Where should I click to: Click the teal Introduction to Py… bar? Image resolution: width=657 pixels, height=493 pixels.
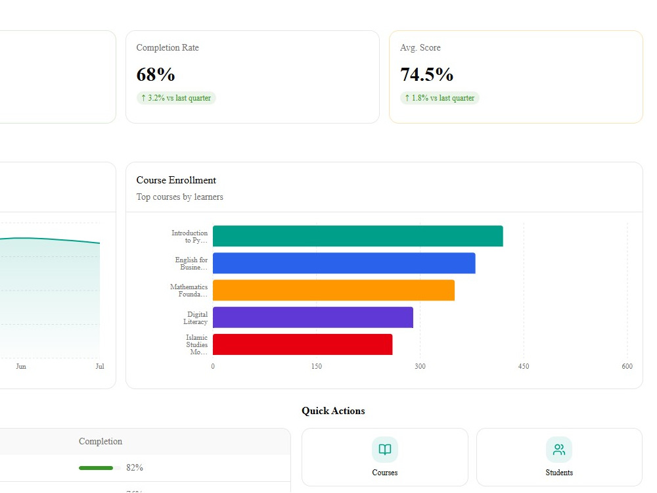click(x=358, y=236)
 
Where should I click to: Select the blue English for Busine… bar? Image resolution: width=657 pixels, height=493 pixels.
click(x=344, y=264)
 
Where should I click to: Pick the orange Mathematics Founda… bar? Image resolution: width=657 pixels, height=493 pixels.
click(x=334, y=290)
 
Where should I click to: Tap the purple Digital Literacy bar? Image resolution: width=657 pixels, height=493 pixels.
click(x=313, y=317)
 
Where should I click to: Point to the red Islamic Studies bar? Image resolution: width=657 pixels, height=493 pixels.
click(x=302, y=344)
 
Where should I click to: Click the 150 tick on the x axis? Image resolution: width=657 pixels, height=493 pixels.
click(x=317, y=366)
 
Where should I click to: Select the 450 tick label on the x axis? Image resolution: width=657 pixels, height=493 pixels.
click(x=524, y=366)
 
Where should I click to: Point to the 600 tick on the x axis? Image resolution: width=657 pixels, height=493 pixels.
click(x=627, y=366)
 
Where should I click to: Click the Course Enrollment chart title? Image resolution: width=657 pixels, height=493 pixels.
click(x=176, y=180)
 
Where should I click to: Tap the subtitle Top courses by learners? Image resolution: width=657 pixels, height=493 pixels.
click(x=180, y=197)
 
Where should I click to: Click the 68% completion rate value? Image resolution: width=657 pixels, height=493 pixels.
click(x=156, y=75)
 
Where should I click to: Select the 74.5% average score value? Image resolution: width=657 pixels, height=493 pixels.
click(x=426, y=75)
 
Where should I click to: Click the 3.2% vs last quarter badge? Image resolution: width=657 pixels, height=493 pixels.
click(x=176, y=98)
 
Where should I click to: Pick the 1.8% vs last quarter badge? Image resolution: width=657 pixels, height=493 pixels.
click(x=440, y=98)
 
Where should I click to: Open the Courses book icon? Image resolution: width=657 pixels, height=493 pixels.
click(x=384, y=450)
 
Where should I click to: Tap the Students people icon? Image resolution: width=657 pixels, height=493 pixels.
click(x=559, y=450)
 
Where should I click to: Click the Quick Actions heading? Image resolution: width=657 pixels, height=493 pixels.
click(x=333, y=411)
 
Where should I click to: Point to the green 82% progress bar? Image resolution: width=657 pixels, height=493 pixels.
click(x=96, y=468)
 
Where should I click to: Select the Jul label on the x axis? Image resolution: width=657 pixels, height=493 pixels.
click(x=100, y=366)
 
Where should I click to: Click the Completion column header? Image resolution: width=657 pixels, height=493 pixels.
click(x=101, y=442)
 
